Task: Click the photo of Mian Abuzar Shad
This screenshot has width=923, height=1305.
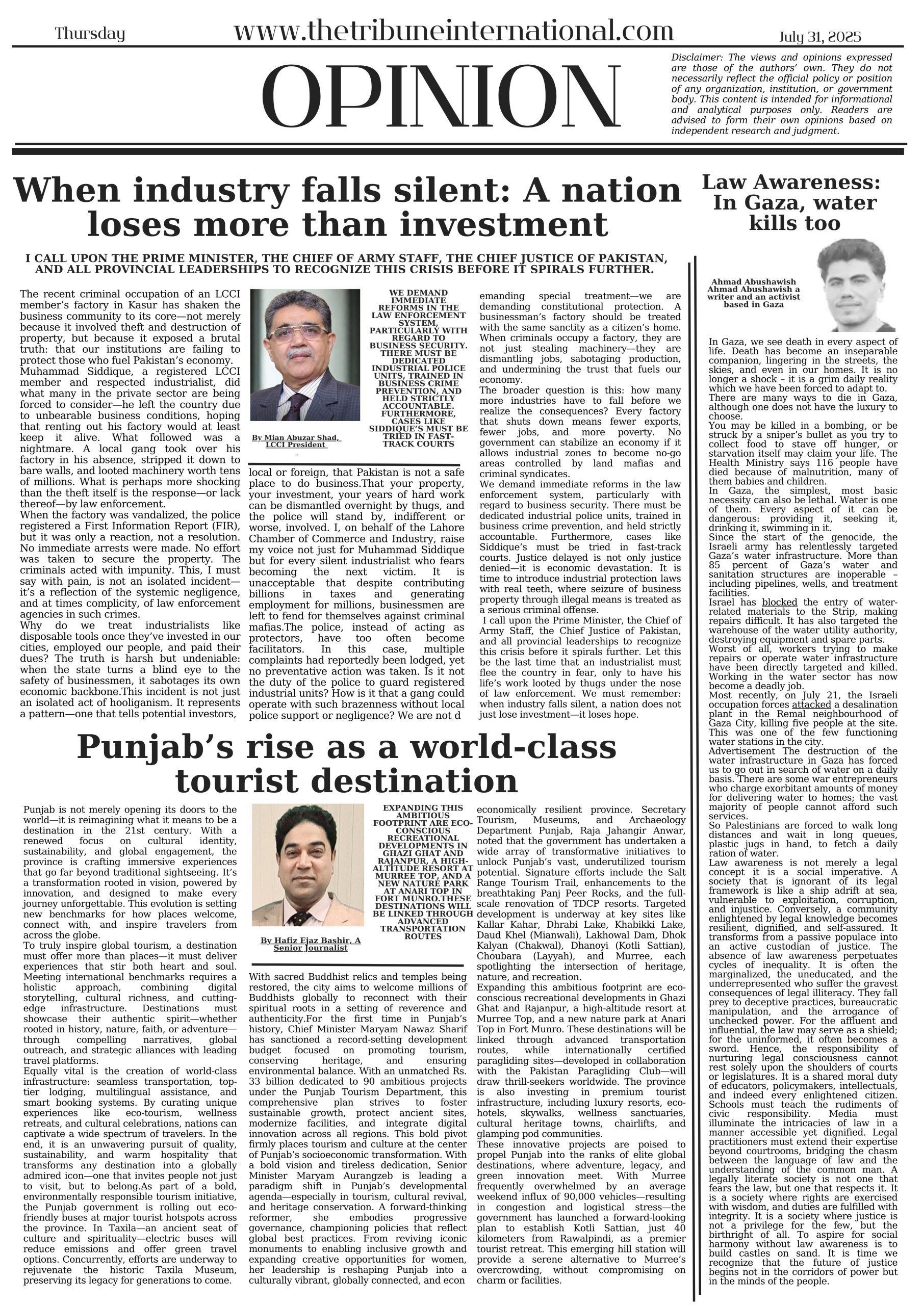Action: (x=305, y=355)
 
